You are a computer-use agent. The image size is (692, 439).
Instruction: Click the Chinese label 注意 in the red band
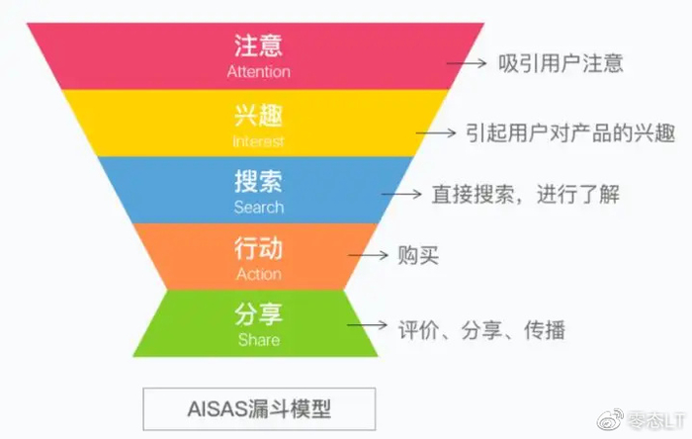coord(259,46)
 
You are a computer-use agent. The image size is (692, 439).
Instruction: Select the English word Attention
coord(259,71)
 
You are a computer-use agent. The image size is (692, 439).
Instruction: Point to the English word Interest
coord(259,140)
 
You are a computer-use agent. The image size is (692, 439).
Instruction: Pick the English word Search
coord(259,208)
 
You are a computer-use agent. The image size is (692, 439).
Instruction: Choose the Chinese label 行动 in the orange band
coord(259,248)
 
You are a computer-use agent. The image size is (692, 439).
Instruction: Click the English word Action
coord(259,274)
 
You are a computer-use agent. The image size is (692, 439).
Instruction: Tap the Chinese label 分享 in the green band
coord(259,315)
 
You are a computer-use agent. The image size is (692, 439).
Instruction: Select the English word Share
coord(259,340)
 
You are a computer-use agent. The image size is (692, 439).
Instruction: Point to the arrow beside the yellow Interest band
coord(436,132)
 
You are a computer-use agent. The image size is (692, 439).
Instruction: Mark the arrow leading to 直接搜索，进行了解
coord(405,194)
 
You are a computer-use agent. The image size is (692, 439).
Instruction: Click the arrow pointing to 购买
coord(373,255)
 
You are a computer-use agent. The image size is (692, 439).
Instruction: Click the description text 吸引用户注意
coord(562,64)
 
